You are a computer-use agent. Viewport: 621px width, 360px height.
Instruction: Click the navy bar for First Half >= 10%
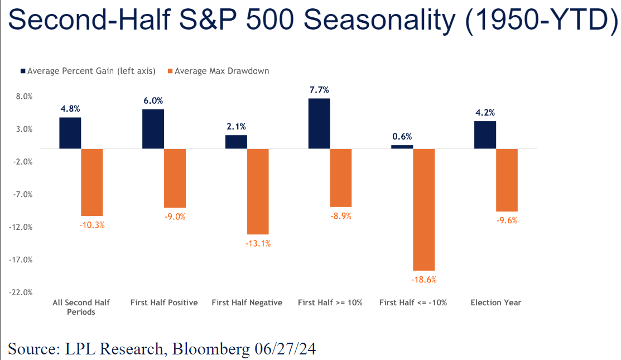point(319,123)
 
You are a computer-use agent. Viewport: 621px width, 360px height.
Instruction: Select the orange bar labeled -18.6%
point(424,209)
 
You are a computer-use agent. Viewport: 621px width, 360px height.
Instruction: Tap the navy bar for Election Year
point(485,135)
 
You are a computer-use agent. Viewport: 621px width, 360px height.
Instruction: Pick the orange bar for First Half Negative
point(258,191)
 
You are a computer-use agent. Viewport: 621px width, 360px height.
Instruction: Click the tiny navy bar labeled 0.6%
point(402,147)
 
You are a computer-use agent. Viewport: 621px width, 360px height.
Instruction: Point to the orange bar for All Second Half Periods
point(92,182)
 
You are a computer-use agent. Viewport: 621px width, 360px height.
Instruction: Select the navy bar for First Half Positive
point(153,129)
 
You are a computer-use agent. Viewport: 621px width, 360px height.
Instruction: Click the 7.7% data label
point(319,90)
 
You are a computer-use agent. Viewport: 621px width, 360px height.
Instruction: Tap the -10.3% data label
point(92,225)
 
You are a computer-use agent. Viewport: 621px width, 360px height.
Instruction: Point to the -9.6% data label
point(507,220)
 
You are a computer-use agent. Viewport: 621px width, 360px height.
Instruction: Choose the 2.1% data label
point(237,127)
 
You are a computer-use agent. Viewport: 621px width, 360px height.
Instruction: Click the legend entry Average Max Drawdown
point(219,71)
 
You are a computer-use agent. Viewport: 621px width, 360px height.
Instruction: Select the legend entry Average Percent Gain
point(88,71)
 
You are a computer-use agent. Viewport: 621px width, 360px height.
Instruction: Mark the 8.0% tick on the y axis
point(25,97)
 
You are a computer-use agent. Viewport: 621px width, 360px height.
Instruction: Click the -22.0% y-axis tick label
point(21,292)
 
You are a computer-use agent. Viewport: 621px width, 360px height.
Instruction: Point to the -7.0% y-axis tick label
point(22,194)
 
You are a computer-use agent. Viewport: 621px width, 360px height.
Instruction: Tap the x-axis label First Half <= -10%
point(413,303)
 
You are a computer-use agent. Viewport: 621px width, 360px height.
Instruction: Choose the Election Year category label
point(496,303)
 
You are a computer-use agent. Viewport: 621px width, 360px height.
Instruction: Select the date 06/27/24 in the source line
point(285,349)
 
